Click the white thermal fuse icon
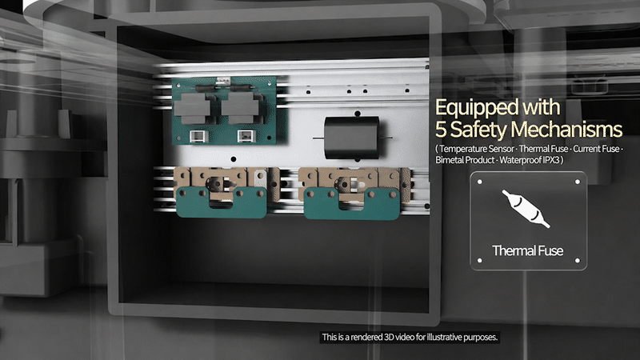(x=526, y=208)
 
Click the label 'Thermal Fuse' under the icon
(x=527, y=250)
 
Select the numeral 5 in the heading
(x=441, y=130)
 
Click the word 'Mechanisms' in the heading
(x=566, y=130)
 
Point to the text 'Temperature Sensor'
(x=476, y=149)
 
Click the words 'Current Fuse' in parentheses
(x=596, y=149)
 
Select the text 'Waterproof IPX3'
(x=530, y=160)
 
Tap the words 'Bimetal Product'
(x=465, y=160)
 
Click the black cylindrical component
(x=352, y=138)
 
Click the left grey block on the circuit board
(x=192, y=108)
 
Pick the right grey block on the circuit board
(x=240, y=108)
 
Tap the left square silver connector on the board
(x=198, y=136)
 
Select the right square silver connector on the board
(x=246, y=136)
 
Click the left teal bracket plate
(x=222, y=202)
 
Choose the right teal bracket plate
(x=352, y=204)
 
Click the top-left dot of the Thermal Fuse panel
(x=479, y=182)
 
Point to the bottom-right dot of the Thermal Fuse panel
(x=577, y=261)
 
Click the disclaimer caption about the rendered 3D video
(x=410, y=337)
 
